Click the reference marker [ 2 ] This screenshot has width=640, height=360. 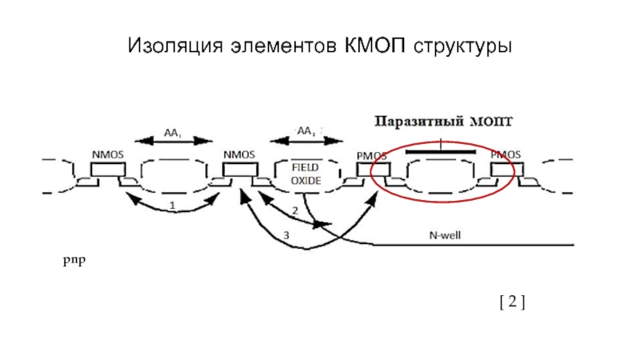click(512, 301)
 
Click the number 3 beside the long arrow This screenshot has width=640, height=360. click(286, 235)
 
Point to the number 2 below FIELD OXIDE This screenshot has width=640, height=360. click(294, 210)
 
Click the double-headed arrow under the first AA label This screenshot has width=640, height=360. click(172, 141)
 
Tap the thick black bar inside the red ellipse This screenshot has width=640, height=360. click(440, 150)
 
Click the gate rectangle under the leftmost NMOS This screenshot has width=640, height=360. click(107, 170)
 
